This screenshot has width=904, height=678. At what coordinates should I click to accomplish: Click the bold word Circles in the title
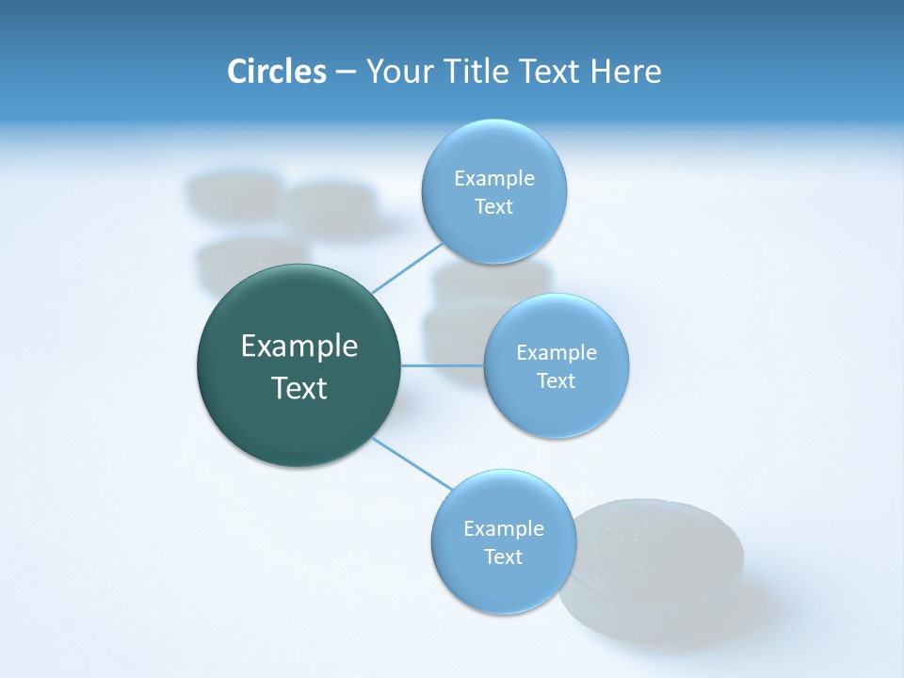[x=276, y=72]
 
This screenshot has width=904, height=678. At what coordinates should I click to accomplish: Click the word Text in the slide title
[x=552, y=72]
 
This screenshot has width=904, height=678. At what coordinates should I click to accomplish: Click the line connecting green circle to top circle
[x=406, y=268]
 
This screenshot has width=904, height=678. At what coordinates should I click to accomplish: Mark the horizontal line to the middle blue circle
[x=442, y=364]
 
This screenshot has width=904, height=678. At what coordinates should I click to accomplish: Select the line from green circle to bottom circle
[x=412, y=464]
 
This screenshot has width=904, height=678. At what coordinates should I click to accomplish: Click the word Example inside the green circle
[x=299, y=347]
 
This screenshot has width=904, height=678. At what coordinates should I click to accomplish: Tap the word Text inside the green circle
[x=299, y=388]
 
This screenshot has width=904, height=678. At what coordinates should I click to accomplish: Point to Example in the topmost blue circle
[x=494, y=179]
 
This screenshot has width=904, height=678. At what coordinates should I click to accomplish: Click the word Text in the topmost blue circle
[x=493, y=207]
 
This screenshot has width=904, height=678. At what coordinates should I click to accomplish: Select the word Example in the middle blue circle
[x=557, y=353]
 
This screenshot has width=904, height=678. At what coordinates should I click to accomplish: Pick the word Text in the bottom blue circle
[x=503, y=557]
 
